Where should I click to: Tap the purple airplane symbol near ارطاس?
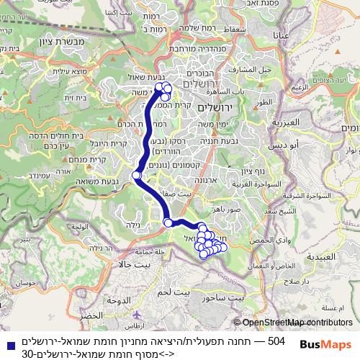tap(132, 315)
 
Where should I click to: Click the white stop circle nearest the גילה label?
tap(168, 222)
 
